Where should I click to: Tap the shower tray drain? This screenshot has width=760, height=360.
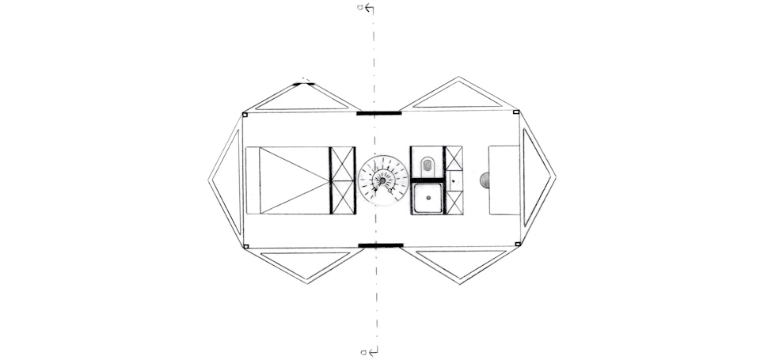(428, 197)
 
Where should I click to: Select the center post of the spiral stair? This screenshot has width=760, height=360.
(382, 180)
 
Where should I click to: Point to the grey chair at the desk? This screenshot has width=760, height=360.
(484, 180)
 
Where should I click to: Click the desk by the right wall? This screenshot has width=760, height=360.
(504, 180)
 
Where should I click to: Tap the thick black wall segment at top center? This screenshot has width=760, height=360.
(378, 113)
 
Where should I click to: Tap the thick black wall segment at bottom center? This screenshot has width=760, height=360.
(381, 245)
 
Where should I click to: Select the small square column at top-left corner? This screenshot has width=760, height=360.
(245, 115)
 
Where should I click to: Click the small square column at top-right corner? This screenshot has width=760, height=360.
(516, 112)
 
